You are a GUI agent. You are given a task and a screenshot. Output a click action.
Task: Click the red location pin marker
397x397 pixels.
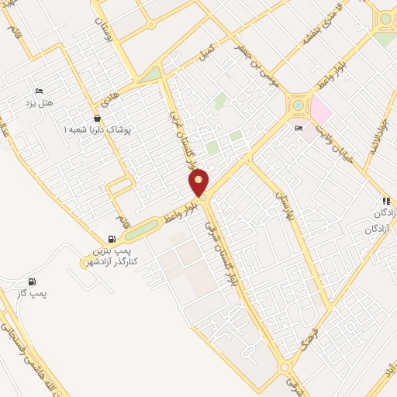pos(199,182)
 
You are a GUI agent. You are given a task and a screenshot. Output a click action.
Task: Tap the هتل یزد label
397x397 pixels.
pos(37,103)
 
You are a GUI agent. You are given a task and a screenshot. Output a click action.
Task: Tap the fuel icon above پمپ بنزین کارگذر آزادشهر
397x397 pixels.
pos(112,238)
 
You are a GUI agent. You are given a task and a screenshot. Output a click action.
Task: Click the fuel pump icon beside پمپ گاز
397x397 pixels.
pos(31,281)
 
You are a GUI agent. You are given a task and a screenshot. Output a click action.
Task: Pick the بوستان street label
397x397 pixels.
pos(108,33)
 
